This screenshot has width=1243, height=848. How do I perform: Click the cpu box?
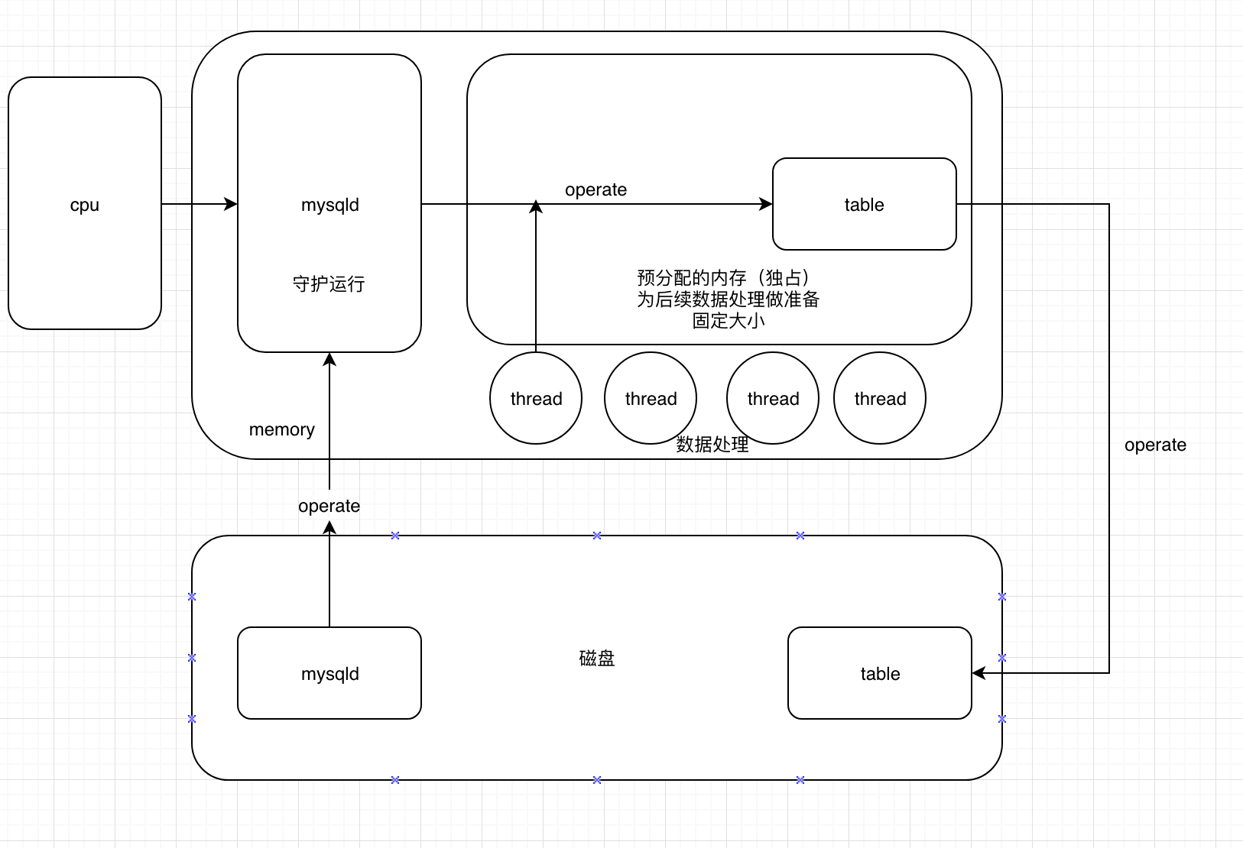[84, 203]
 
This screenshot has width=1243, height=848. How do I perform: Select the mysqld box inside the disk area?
[329, 673]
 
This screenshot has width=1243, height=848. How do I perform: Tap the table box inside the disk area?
[880, 673]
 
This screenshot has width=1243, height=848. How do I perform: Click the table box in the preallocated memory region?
[864, 203]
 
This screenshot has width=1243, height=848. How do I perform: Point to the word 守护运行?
[329, 284]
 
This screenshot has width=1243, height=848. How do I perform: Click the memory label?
[281, 429]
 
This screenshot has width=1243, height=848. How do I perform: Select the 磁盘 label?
[596, 658]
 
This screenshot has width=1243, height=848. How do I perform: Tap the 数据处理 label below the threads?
[712, 444]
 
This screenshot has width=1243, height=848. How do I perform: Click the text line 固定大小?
[728, 321]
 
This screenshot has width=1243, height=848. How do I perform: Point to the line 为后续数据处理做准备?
[728, 299]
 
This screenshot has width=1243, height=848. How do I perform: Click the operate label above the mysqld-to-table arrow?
[596, 189]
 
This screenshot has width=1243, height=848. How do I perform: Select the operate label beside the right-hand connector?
[1155, 445]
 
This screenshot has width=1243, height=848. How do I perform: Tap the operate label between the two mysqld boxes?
[329, 506]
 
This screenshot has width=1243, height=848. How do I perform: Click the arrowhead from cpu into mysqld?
[231, 203]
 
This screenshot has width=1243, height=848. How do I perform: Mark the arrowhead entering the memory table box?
[766, 203]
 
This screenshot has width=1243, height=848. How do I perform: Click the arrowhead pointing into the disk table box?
[978, 673]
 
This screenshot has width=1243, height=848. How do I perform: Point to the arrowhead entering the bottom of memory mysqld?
[329, 359]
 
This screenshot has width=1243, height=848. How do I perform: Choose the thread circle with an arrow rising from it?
[535, 398]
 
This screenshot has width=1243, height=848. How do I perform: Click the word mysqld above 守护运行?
[329, 205]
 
